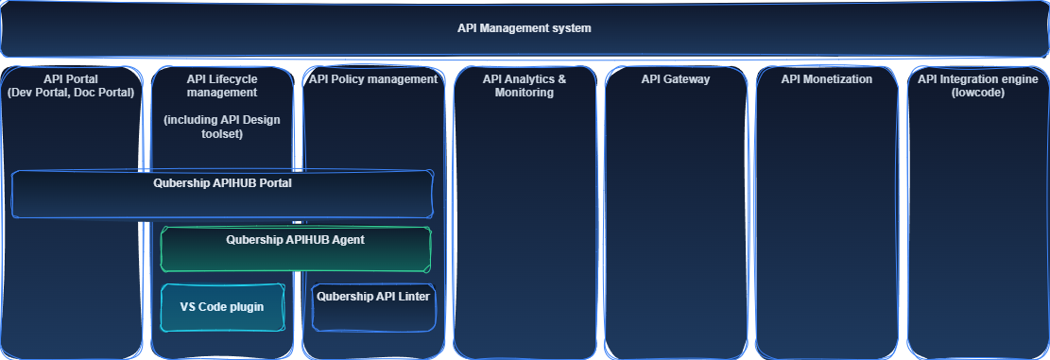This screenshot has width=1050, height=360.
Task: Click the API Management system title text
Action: [524, 28]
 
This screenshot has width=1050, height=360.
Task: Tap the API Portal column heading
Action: [71, 79]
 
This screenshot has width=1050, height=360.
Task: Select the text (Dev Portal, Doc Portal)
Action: [71, 93]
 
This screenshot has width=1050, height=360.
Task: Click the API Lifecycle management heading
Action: [222, 86]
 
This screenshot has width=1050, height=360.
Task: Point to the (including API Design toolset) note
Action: [222, 128]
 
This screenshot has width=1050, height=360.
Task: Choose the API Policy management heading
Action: [373, 79]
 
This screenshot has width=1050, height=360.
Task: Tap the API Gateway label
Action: [676, 79]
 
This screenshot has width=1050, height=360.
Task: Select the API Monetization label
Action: [827, 79]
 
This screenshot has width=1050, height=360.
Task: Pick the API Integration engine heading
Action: [978, 79]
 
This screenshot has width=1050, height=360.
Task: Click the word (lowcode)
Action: [978, 93]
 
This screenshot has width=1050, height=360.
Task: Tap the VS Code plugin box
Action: [222, 307]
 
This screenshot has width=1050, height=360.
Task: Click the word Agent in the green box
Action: [347, 240]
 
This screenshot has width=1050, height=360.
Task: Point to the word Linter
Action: [413, 297]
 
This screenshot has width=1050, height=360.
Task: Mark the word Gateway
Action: [688, 79]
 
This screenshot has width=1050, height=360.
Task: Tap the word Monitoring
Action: [525, 93]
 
